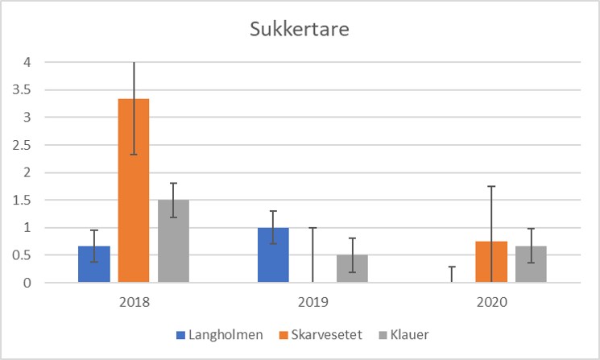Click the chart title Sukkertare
coord(300,32)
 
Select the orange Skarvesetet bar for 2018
coord(134,191)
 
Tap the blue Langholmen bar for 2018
coord(94,264)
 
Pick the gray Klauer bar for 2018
coord(173,242)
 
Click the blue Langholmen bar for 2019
coord(273,255)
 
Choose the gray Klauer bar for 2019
coord(353,269)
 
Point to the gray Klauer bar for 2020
coord(531,265)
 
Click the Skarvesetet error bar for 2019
coord(313,254)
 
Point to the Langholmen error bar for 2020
coord(452,274)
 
